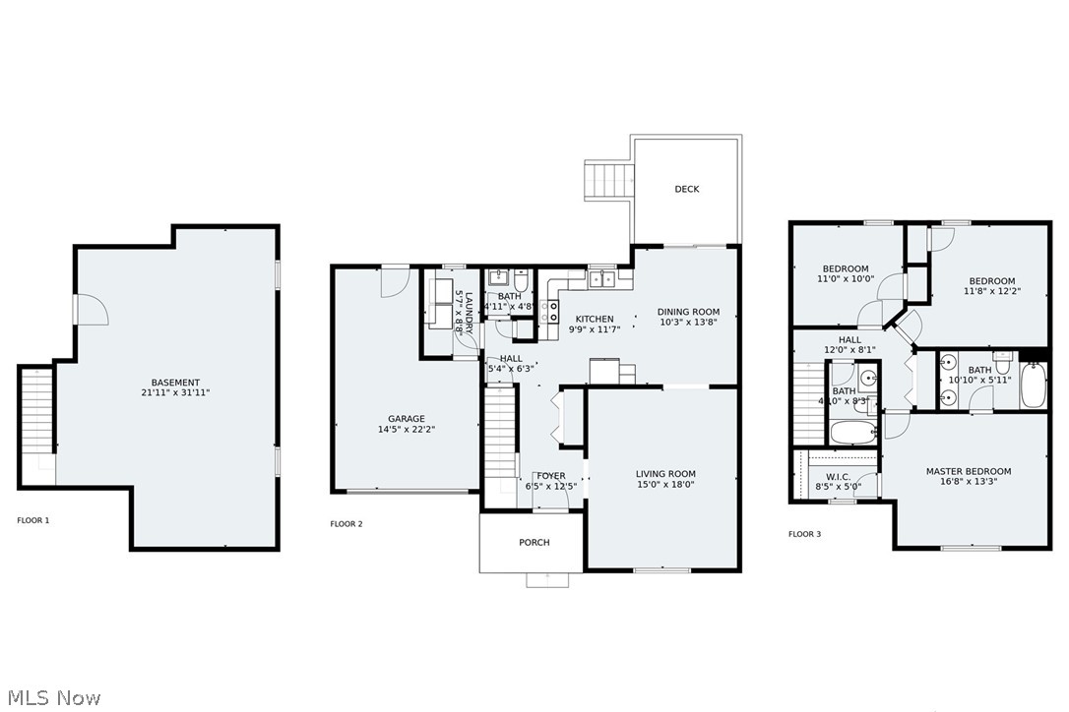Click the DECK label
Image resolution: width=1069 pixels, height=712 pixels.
pyautogui.click(x=687, y=189)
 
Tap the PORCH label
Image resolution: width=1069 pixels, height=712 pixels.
pyautogui.click(x=534, y=542)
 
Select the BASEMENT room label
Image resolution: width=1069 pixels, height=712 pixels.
pyautogui.click(x=175, y=383)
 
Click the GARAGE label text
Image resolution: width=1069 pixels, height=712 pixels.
pyautogui.click(x=406, y=418)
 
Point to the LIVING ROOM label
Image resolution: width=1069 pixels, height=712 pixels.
pyautogui.click(x=665, y=473)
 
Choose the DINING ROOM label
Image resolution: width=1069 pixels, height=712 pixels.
pyautogui.click(x=688, y=312)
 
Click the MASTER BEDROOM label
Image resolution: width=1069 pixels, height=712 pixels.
pyautogui.click(x=969, y=471)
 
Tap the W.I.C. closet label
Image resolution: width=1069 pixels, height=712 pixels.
pyautogui.click(x=839, y=477)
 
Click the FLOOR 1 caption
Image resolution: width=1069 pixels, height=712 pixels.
pyautogui.click(x=32, y=520)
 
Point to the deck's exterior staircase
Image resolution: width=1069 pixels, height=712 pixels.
pyautogui.click(x=607, y=181)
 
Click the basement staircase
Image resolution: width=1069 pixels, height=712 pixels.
pyautogui.click(x=35, y=413)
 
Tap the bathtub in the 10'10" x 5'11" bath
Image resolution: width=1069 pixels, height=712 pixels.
pyautogui.click(x=1034, y=386)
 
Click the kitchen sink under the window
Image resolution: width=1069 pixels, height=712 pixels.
pyautogui.click(x=602, y=279)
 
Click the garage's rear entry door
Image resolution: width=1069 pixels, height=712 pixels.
pyautogui.click(x=396, y=281)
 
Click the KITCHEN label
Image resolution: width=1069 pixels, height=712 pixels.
pyautogui.click(x=595, y=319)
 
